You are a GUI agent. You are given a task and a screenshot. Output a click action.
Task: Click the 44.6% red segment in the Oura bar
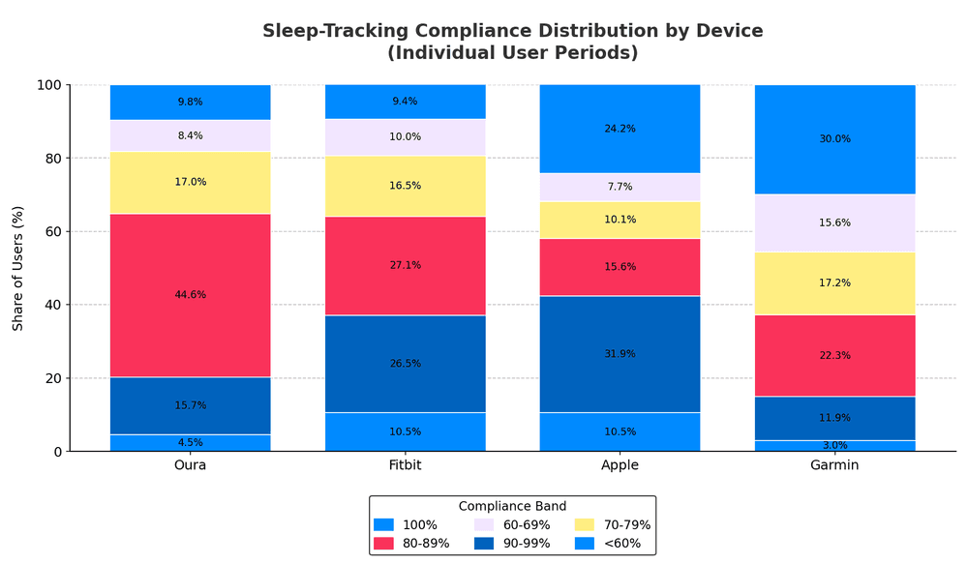pyautogui.click(x=191, y=295)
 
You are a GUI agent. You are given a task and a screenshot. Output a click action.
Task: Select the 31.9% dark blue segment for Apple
pyautogui.click(x=620, y=354)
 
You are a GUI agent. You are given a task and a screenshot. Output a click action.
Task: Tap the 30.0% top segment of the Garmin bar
pyautogui.click(x=834, y=139)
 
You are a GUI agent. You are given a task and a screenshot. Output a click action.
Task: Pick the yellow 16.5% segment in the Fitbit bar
pyautogui.click(x=405, y=186)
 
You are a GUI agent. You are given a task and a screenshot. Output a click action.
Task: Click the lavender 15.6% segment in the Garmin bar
pyautogui.click(x=834, y=223)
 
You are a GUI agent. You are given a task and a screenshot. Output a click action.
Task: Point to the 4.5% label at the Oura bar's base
pyautogui.click(x=191, y=443)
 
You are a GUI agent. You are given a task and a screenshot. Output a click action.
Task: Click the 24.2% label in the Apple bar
pyautogui.click(x=620, y=129)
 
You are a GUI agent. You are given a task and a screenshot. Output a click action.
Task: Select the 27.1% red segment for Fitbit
pyautogui.click(x=405, y=265)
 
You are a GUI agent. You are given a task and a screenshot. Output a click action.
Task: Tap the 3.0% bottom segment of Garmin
pyautogui.click(x=834, y=446)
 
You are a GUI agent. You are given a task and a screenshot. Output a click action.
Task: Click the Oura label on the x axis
pyautogui.click(x=191, y=465)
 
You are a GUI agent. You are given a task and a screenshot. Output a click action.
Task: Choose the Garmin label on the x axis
pyautogui.click(x=834, y=465)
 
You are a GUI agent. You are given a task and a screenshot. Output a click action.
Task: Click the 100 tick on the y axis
pyautogui.click(x=49, y=85)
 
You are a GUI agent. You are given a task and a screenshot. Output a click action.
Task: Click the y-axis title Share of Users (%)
pyautogui.click(x=18, y=268)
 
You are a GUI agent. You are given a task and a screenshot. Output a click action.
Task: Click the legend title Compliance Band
pyautogui.click(x=512, y=506)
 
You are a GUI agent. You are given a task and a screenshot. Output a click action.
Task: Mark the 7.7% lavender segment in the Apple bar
pyautogui.click(x=620, y=187)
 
